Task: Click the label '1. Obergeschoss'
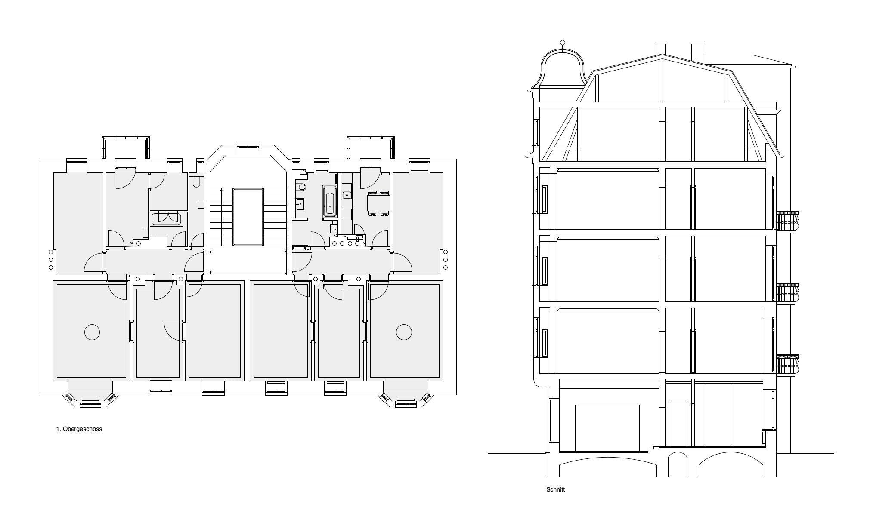[x=79, y=429]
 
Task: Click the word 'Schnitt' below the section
[x=555, y=489]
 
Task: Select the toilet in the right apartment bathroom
[x=300, y=187]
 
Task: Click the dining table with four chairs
[x=378, y=203]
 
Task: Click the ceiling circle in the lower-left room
[x=92, y=332]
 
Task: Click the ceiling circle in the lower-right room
[x=404, y=332]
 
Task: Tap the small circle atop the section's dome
[x=562, y=43]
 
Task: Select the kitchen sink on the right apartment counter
[x=347, y=195]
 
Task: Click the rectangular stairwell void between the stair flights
[x=248, y=217]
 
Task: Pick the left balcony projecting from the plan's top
[x=126, y=148]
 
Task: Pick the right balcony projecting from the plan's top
[x=371, y=148]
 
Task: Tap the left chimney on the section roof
[x=661, y=50]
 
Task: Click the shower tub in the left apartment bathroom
[x=167, y=218]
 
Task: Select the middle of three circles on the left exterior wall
[x=51, y=260]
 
